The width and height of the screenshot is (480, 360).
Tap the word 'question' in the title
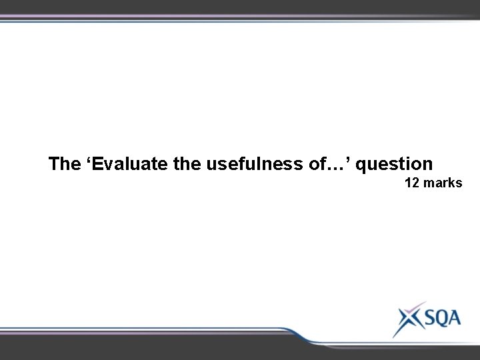[x=394, y=164]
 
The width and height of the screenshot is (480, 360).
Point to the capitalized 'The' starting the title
[x=64, y=163]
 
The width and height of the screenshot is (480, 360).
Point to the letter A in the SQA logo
[x=454, y=317]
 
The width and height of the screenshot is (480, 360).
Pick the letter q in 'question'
[x=365, y=165]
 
